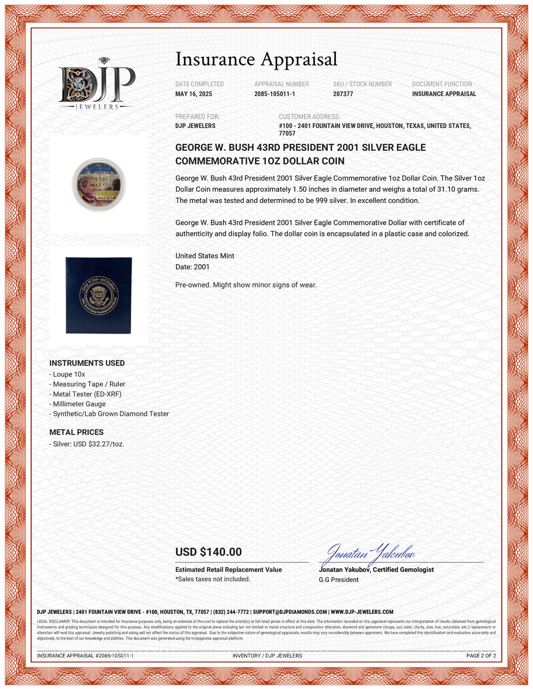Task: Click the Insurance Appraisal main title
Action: [x=256, y=59]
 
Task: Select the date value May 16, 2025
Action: [x=193, y=94]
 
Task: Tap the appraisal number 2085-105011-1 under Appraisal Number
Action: [x=274, y=94]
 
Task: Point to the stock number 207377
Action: [x=343, y=94]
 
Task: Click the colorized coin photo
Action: [x=99, y=184]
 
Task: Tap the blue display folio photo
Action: [x=99, y=296]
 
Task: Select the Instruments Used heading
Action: [x=87, y=363]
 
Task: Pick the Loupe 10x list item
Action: [x=69, y=374]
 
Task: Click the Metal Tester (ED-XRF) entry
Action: [x=87, y=394]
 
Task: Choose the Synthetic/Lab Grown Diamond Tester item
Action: [x=110, y=414]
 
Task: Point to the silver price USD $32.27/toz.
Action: [x=88, y=444]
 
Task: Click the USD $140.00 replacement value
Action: [x=208, y=552]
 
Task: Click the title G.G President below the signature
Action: [x=338, y=580]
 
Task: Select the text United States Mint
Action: [x=205, y=256]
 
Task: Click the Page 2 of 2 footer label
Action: [x=481, y=655]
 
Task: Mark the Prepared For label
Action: [x=197, y=117]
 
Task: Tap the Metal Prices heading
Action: [x=76, y=432]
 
